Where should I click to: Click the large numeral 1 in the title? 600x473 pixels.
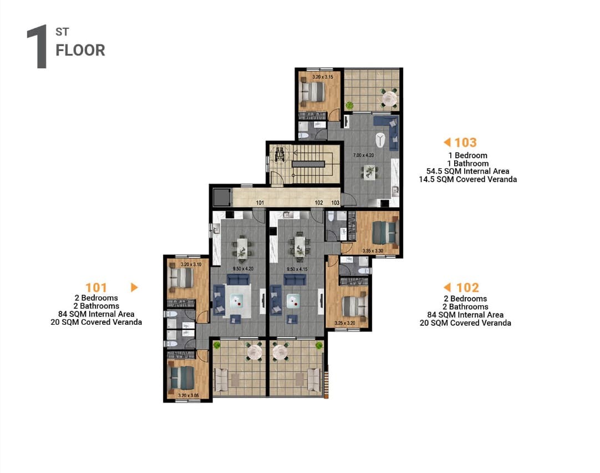[38, 47]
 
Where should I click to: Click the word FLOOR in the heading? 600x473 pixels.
[80, 50]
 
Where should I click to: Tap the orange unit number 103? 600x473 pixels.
[465, 143]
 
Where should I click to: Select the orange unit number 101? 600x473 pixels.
[96, 287]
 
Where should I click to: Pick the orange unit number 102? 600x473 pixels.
[467, 287]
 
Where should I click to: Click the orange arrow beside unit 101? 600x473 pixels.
[134, 287]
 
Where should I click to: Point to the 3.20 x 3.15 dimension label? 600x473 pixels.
[323, 77]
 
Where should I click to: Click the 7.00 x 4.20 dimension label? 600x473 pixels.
[363, 155]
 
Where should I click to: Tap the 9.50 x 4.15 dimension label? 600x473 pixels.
[297, 269]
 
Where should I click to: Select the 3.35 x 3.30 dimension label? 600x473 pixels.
[373, 251]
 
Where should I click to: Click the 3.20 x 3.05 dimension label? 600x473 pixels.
[189, 395]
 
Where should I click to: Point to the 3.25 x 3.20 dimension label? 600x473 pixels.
[345, 323]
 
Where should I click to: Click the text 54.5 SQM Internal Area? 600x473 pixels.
[467, 171]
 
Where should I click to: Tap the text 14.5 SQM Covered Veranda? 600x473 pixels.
[467, 179]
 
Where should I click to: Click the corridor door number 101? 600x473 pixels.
[260, 203]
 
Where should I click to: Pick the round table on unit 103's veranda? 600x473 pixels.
[389, 98]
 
